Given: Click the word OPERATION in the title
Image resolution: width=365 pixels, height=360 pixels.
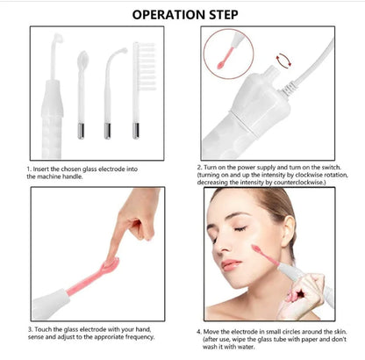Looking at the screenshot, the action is pyautogui.click(x=169, y=15).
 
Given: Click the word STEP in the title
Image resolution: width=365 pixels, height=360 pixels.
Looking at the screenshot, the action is pyautogui.click(x=224, y=15).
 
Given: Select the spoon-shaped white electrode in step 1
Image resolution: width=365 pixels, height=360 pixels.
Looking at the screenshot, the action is pyautogui.click(x=82, y=94).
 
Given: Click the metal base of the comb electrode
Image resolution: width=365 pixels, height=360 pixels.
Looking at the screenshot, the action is pyautogui.click(x=136, y=131).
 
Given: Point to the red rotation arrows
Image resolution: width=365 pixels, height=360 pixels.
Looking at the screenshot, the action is pyautogui.click(x=283, y=60).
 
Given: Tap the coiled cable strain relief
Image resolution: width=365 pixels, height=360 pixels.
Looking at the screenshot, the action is pyautogui.click(x=289, y=87).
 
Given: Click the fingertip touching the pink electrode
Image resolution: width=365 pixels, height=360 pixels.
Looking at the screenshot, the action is pyautogui.click(x=111, y=258).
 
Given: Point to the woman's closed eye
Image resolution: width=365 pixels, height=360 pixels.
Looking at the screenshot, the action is pyautogui.click(x=240, y=228).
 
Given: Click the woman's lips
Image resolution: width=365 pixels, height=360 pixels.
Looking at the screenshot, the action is pyautogui.click(x=229, y=265).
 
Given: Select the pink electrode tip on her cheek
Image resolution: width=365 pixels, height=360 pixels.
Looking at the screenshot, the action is pyautogui.click(x=256, y=249).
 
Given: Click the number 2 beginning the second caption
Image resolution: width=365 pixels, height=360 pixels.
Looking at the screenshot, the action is pyautogui.click(x=199, y=168).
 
